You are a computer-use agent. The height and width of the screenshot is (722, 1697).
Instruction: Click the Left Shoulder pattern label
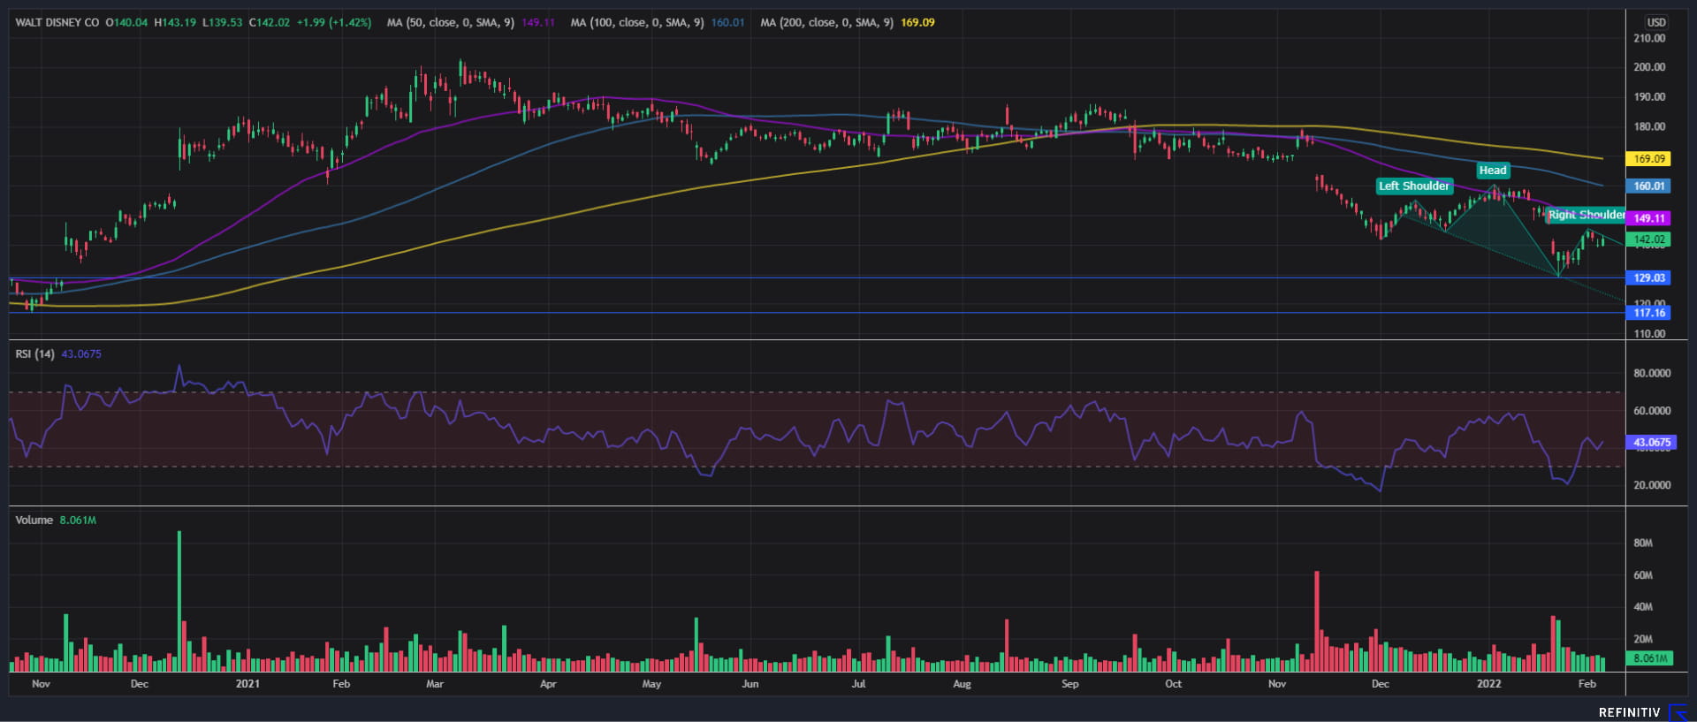[x=1414, y=186]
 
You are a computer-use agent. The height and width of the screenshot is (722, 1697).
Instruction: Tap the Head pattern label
[x=1493, y=171]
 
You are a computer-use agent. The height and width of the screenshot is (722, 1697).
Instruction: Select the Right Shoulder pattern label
[x=1586, y=215]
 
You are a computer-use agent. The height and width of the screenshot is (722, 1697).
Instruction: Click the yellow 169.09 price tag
[x=1648, y=159]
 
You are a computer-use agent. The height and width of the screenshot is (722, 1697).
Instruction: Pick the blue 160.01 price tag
[x=1648, y=186]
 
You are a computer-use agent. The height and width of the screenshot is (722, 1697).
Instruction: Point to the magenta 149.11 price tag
[x=1648, y=218]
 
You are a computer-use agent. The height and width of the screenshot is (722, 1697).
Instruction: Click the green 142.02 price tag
[x=1648, y=239]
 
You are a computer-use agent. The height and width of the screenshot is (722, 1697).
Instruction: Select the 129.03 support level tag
[x=1648, y=278]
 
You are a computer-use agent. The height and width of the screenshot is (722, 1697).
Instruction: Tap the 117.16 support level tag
[x=1648, y=313]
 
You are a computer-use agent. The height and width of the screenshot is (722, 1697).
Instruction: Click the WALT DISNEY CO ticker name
[x=57, y=22]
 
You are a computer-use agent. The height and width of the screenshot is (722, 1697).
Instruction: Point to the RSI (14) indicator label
[x=34, y=354]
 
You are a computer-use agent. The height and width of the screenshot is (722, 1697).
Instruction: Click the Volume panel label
[x=34, y=521]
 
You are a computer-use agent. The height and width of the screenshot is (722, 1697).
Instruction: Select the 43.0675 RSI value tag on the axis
[x=1651, y=443]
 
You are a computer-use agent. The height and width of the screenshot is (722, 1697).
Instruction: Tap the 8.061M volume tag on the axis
[x=1649, y=658]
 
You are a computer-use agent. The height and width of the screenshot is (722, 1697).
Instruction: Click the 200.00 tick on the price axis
[x=1649, y=67]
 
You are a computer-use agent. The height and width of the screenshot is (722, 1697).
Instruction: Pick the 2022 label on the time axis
[x=1489, y=684]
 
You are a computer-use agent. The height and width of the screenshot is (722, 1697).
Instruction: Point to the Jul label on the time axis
[x=858, y=684]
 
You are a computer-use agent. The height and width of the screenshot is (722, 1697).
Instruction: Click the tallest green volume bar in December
[x=179, y=601]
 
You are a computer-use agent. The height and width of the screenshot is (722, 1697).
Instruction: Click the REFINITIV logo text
[x=1629, y=712]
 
